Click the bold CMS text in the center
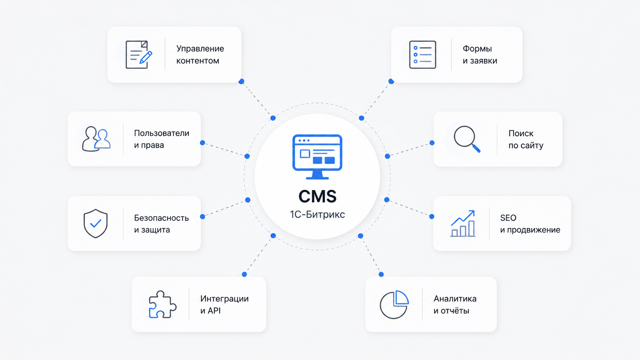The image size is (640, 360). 317,196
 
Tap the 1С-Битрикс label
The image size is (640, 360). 317,214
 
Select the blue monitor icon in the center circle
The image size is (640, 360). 317,157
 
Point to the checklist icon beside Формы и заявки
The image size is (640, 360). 423,55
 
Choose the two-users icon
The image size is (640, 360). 96,139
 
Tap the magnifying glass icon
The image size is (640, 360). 467,139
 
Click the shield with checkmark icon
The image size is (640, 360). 95,223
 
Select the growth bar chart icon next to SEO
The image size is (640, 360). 463,223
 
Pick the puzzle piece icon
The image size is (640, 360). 163,304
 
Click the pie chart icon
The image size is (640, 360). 394,304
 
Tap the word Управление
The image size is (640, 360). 200,49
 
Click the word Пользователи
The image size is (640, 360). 162,133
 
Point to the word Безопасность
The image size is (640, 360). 162,218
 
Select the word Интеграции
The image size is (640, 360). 225,299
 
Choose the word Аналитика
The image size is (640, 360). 455,299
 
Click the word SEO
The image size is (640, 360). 508,218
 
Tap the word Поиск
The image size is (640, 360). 521,133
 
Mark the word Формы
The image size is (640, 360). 477,49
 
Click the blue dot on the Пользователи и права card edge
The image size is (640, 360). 202,143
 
